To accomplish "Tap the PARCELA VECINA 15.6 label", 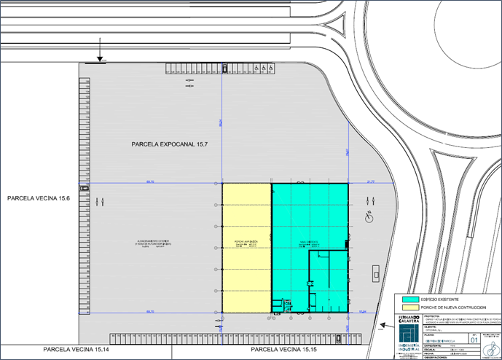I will pos(41,198).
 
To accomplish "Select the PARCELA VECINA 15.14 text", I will pos(77,351).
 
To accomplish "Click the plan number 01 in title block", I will pos(474,340).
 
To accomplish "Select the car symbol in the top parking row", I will pos(225,69).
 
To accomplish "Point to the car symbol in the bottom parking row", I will pos(340,337).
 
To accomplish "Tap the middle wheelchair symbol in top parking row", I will pos(263,69).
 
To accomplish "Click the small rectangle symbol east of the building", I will pos(375,273).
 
